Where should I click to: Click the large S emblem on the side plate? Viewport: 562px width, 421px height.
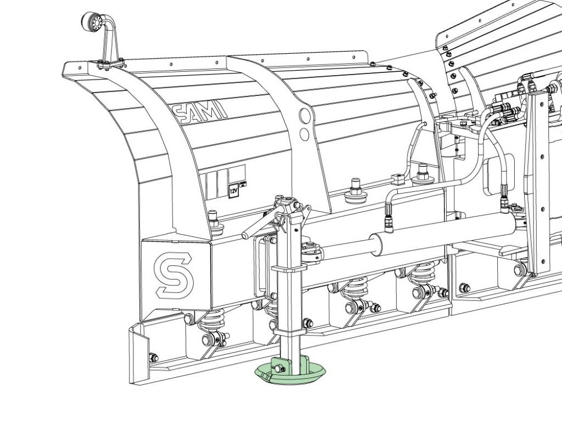(x=173, y=274)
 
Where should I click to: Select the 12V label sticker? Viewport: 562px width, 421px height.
(x=233, y=191)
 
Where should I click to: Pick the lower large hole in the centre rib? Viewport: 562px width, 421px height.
(x=304, y=134)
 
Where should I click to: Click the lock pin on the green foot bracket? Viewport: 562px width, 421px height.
(x=279, y=368)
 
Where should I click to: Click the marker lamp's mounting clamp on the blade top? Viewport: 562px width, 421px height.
(x=110, y=65)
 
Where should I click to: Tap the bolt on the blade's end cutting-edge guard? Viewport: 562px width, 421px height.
(x=153, y=357)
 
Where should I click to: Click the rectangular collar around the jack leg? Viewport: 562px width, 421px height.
(x=289, y=269)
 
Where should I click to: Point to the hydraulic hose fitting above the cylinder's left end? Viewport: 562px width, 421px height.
(x=388, y=218)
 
